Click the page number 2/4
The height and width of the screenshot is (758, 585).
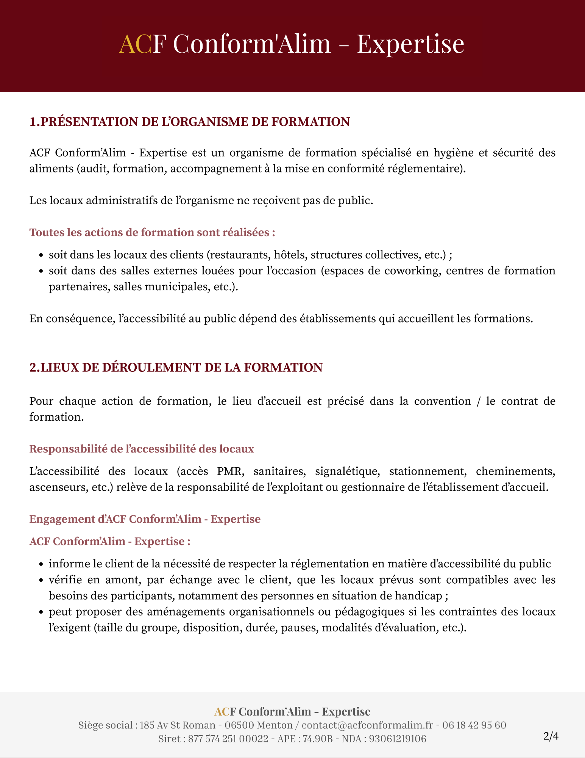(x=551, y=736)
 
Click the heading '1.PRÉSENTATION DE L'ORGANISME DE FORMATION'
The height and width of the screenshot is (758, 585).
(x=190, y=122)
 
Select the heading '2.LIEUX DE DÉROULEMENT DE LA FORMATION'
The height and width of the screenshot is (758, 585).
(x=176, y=368)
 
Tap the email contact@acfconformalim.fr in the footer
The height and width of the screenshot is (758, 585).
(x=367, y=725)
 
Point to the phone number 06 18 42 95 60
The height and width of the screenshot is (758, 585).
(x=474, y=725)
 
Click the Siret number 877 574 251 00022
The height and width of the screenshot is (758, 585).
(x=228, y=739)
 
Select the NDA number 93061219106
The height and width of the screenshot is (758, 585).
(x=398, y=739)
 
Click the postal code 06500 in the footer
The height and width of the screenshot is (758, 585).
(x=239, y=725)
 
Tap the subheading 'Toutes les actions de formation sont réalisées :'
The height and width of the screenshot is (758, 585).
(x=152, y=232)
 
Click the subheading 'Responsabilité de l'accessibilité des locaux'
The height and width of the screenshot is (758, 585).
(x=142, y=449)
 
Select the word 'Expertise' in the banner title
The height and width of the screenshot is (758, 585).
(x=410, y=44)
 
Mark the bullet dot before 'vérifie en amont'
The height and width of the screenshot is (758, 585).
(x=41, y=581)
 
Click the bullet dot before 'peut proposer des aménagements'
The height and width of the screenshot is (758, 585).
(x=41, y=612)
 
